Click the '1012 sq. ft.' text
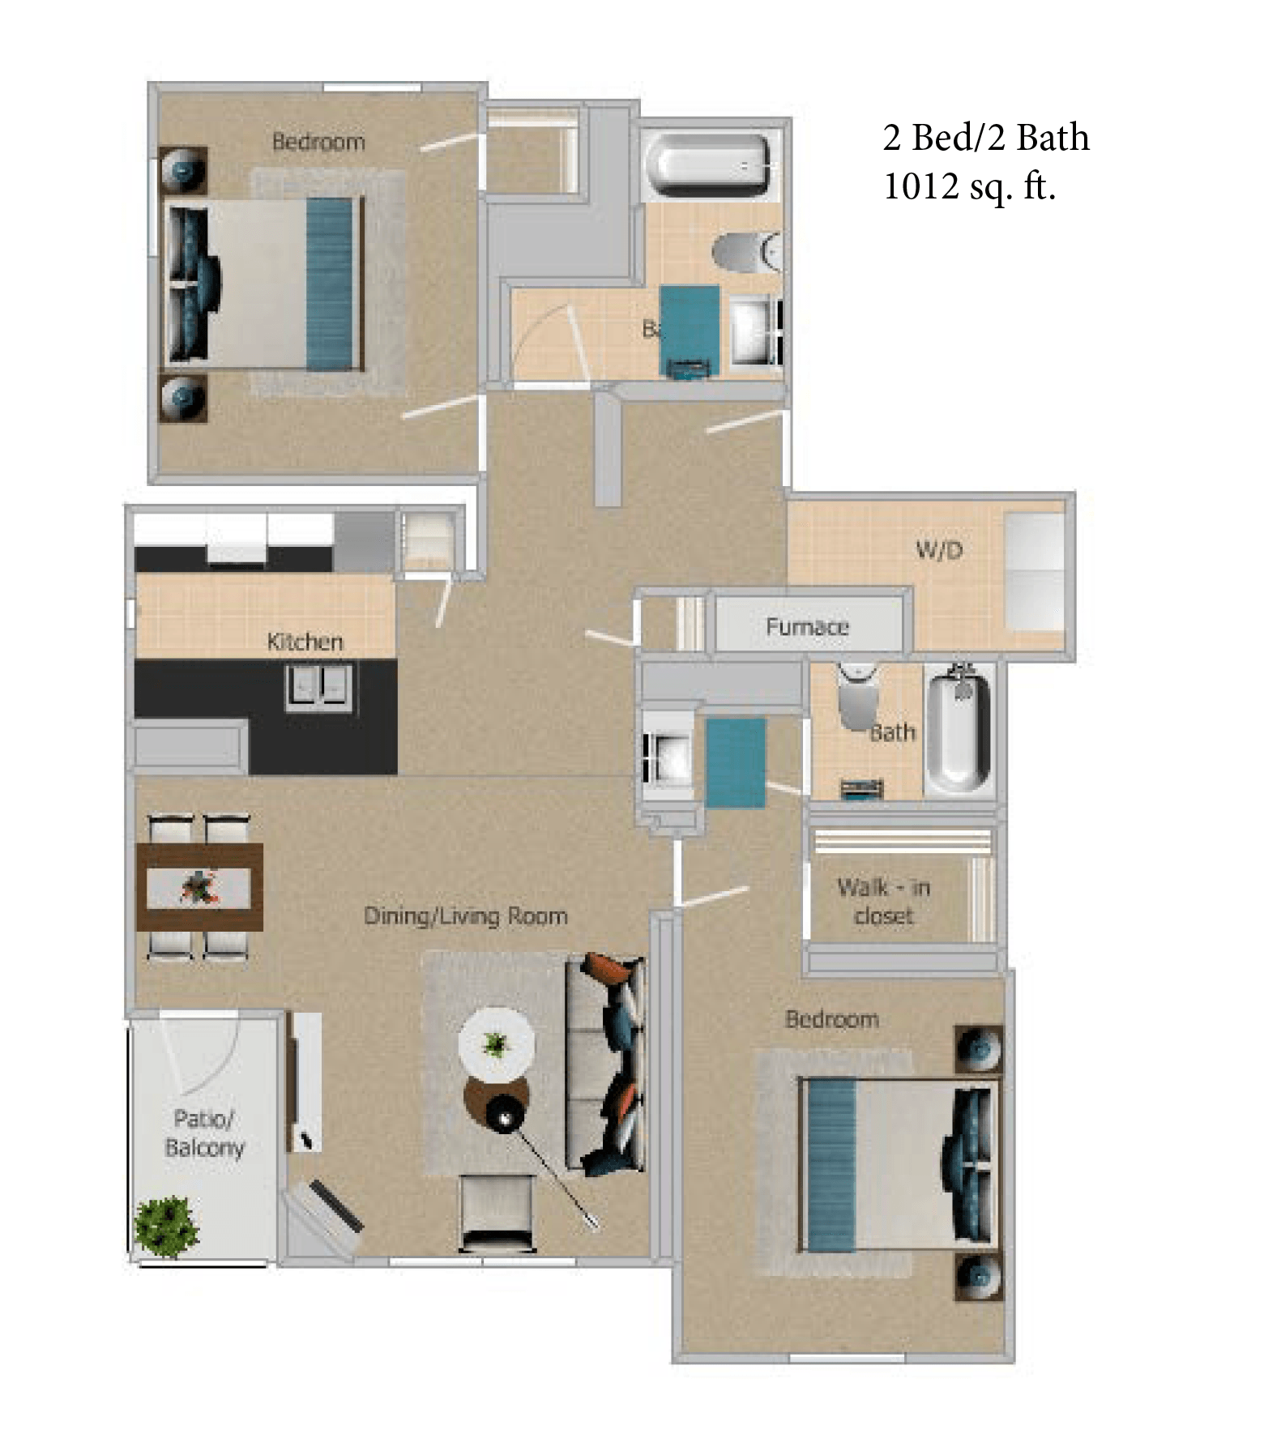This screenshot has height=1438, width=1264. click(969, 187)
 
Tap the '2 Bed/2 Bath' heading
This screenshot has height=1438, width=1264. click(985, 138)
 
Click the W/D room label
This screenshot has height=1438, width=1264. click(939, 551)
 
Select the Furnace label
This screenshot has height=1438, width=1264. click(807, 626)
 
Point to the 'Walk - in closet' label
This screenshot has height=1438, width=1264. click(883, 901)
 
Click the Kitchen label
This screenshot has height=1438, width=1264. click(305, 642)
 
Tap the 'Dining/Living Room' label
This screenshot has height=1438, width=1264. click(465, 916)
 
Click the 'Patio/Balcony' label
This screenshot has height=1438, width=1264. click(204, 1133)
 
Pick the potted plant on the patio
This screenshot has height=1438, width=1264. click(166, 1227)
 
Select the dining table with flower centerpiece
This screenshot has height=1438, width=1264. click(199, 888)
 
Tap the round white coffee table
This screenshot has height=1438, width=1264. click(496, 1043)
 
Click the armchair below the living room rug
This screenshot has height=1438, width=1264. click(497, 1213)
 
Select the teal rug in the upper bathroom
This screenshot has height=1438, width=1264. click(690, 330)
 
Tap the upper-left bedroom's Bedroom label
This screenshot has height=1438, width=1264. click(318, 142)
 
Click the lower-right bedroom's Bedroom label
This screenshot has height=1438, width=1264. click(832, 1019)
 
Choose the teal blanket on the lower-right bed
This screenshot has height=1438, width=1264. click(830, 1165)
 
